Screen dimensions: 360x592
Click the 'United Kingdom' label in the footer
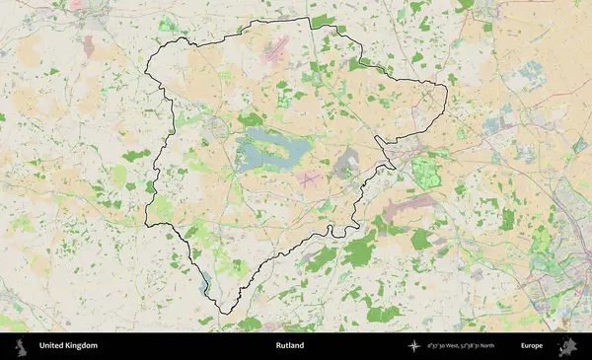click(x=68, y=346)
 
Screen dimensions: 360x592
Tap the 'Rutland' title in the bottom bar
click(x=290, y=346)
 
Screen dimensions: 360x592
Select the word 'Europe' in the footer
click(x=532, y=346)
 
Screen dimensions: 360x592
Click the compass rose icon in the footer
click(x=414, y=346)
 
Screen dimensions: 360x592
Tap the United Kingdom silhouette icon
click(x=20, y=346)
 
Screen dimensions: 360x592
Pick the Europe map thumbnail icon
click(x=568, y=346)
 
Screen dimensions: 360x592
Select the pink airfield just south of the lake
click(x=309, y=179)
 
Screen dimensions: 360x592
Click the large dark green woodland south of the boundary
click(x=359, y=252)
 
